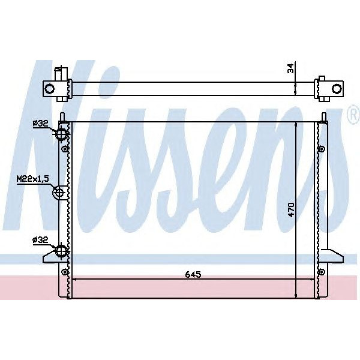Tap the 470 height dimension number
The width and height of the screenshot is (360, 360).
point(290,209)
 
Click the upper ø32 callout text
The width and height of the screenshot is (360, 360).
point(40,124)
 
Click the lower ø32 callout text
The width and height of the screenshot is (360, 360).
point(40,240)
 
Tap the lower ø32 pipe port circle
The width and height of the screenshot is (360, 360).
point(61,251)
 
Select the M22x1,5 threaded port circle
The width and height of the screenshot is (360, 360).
point(59,193)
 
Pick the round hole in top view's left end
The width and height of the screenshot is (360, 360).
point(50,89)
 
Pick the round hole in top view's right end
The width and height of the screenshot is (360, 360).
point(337,89)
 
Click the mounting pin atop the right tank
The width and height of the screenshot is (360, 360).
point(325,116)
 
